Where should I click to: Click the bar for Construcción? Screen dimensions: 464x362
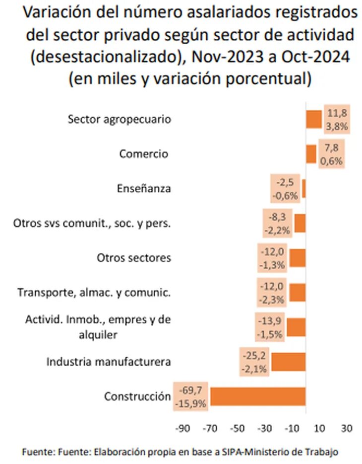[x=258, y=396]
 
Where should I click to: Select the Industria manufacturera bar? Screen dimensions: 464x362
[x=288, y=362]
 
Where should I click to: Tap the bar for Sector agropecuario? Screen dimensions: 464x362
[x=314, y=120]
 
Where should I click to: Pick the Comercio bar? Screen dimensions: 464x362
[x=311, y=154]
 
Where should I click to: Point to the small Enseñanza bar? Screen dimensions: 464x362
[x=304, y=189]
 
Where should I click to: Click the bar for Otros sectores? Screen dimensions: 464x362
[x=298, y=258]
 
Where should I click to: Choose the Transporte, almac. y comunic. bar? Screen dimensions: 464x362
[x=298, y=292]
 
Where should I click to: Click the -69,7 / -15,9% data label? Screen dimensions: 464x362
[x=191, y=396]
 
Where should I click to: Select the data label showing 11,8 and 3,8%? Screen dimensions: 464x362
[x=337, y=120]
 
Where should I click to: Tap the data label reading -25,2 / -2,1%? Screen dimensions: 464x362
[x=255, y=362]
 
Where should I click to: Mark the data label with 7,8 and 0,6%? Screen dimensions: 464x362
[x=331, y=154]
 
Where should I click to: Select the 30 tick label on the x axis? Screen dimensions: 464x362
[x=347, y=428]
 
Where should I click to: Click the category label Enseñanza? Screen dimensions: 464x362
[x=144, y=189]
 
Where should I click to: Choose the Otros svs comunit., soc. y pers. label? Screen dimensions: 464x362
[x=92, y=224]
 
